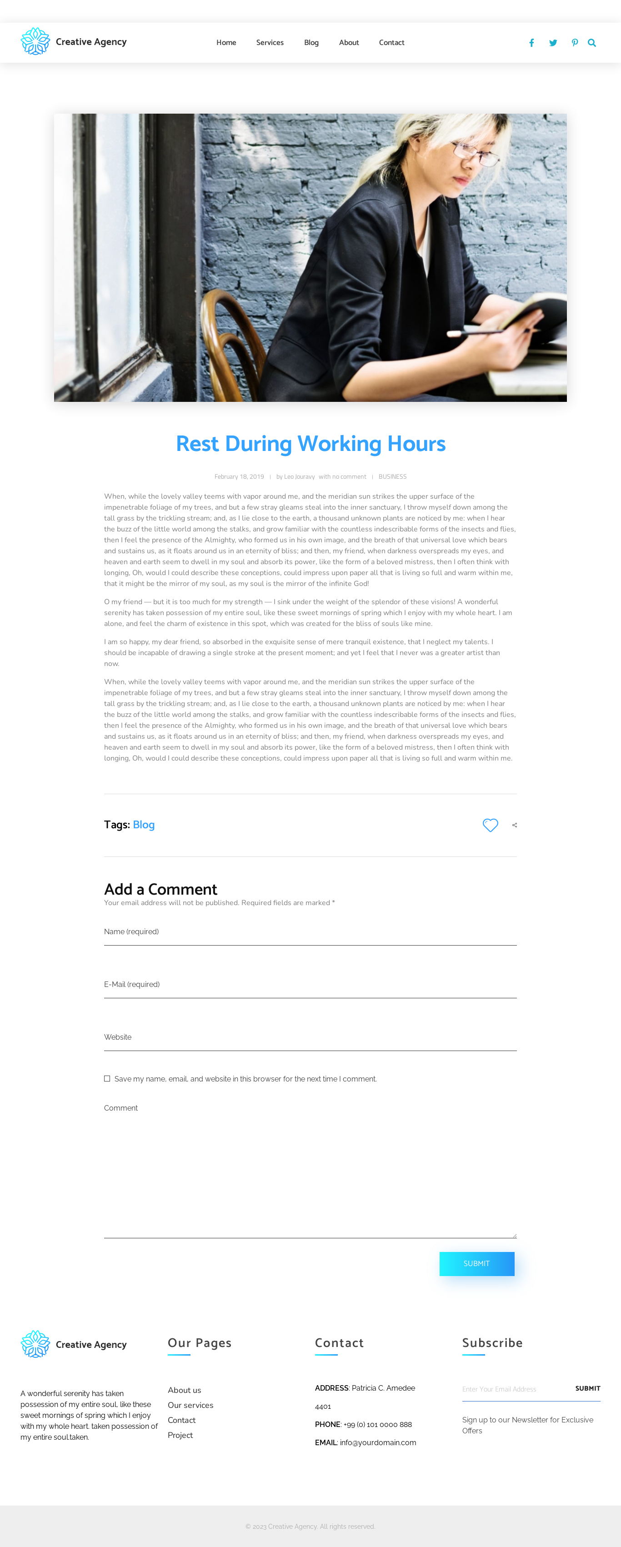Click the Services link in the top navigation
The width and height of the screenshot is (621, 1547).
click(270, 43)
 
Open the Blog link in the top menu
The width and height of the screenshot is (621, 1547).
click(311, 43)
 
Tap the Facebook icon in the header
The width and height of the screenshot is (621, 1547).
click(531, 43)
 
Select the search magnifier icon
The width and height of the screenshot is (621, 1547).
click(591, 43)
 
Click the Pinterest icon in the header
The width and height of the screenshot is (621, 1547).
click(575, 43)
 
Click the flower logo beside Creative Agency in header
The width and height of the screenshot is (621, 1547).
click(35, 41)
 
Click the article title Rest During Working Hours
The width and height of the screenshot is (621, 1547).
click(310, 444)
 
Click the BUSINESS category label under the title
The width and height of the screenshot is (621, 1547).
click(392, 477)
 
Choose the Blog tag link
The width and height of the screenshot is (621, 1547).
click(144, 825)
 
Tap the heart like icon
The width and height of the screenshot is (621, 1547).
click(490, 825)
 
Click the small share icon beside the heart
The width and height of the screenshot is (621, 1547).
click(515, 825)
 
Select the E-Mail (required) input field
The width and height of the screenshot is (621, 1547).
click(310, 985)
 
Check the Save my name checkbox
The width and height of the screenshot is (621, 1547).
click(107, 1079)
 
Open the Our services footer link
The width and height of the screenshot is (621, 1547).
click(190, 1405)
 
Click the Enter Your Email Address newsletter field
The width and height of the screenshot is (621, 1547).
click(514, 1389)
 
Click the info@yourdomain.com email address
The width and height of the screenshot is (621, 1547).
click(378, 1442)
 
